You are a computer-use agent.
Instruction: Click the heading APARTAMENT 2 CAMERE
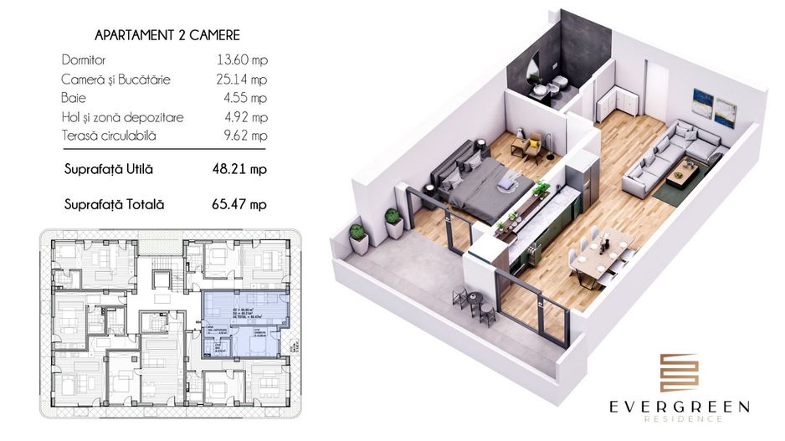(167, 36)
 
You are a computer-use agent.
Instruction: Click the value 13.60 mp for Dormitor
(241, 61)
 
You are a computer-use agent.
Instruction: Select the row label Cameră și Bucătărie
(116, 79)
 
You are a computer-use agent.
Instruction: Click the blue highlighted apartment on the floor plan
(244, 322)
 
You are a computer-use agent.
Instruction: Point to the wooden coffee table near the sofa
(682, 173)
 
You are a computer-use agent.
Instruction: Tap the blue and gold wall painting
(714, 105)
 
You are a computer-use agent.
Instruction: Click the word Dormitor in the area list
(85, 61)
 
